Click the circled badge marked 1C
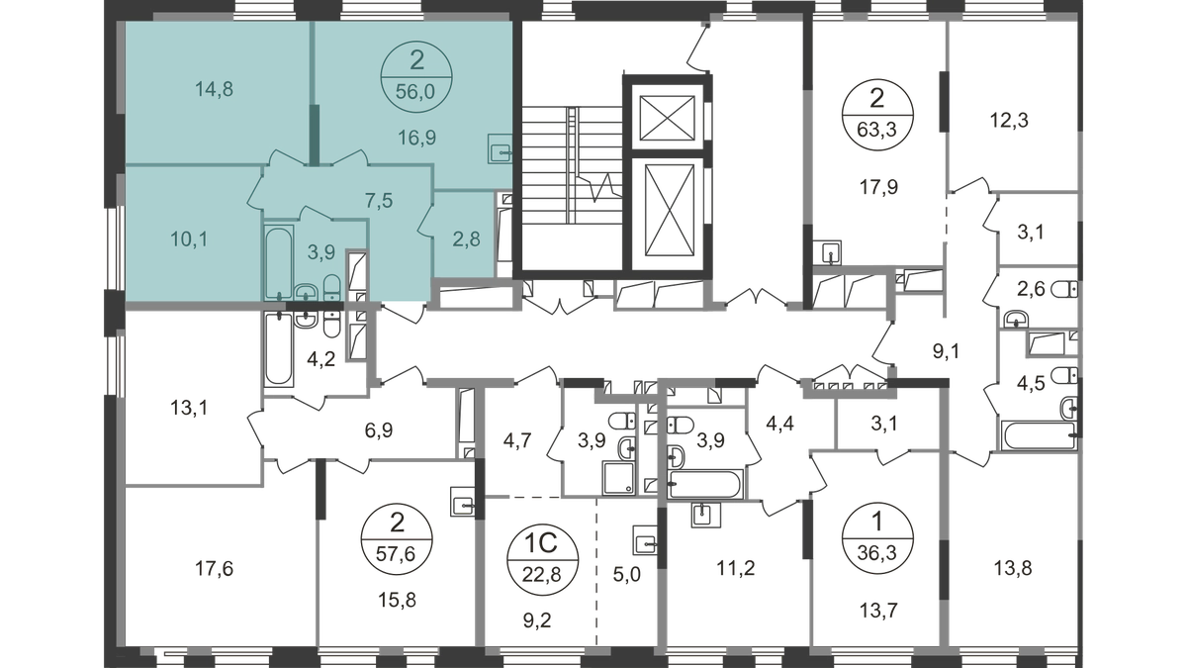pos(540,552)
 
